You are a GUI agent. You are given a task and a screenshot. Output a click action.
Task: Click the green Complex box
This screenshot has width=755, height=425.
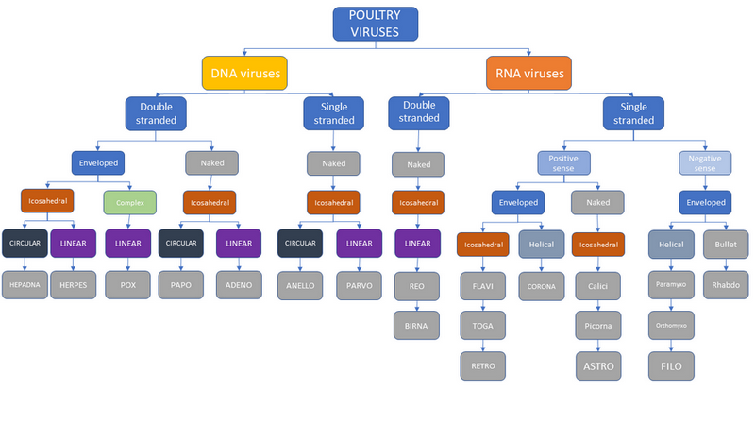129,201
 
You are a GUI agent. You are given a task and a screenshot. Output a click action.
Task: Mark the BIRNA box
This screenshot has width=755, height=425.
416,325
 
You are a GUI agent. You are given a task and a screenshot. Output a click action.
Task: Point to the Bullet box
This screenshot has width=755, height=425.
726,243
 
